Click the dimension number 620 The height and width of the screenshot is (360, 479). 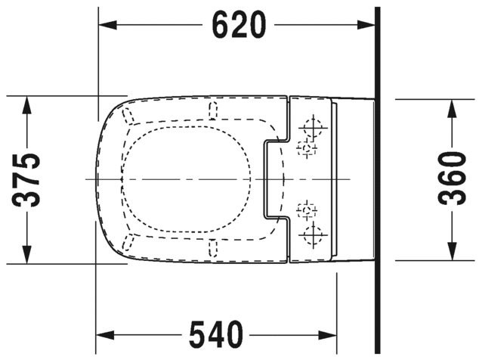coord(238,26)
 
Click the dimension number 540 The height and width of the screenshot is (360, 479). coord(217,334)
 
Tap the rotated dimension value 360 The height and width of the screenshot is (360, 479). coord(452,178)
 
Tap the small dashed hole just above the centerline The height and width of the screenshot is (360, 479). coord(305,148)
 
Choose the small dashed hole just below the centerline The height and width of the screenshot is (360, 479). coord(305,209)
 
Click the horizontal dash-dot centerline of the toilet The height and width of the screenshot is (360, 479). coord(189,179)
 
